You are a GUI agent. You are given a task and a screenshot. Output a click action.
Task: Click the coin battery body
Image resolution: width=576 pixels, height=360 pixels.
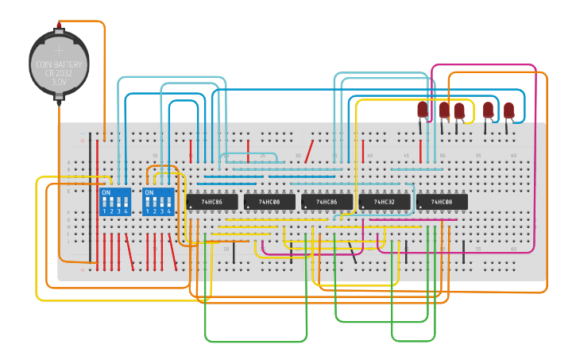59,64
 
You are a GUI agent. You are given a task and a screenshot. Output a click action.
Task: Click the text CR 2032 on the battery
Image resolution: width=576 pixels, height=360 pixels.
59,72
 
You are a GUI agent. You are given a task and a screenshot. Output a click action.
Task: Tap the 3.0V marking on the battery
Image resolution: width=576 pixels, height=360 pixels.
59,81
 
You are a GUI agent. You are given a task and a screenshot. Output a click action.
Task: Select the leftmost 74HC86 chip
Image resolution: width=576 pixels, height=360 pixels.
212,203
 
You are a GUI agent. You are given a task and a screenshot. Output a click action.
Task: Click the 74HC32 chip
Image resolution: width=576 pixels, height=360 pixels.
384,203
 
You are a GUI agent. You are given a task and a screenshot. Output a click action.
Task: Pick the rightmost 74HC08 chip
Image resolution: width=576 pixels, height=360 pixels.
442,203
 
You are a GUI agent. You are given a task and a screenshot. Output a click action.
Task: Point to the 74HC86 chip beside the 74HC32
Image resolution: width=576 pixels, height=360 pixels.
327,203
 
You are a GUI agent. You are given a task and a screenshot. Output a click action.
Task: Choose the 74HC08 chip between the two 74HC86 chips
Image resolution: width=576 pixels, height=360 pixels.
269,203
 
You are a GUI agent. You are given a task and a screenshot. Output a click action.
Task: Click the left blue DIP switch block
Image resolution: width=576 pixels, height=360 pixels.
115,201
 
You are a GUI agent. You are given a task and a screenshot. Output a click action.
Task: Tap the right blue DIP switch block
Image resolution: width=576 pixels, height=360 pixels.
158,201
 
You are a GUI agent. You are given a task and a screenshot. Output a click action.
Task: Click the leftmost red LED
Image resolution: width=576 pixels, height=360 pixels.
423,109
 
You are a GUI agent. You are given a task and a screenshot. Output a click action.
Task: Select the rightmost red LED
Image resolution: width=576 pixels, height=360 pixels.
508,110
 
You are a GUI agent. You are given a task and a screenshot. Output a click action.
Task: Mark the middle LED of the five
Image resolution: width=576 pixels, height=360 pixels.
459,110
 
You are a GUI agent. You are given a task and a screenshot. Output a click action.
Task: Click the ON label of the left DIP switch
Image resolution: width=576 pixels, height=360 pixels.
106,192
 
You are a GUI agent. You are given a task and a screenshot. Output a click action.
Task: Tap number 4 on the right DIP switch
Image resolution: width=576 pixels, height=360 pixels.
169,211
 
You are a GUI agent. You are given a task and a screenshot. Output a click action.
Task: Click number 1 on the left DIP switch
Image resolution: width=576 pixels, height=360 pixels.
104,211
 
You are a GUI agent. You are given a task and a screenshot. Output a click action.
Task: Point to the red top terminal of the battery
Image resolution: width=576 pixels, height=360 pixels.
59,28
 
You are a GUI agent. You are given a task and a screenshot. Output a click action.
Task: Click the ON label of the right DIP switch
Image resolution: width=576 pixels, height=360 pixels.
149,192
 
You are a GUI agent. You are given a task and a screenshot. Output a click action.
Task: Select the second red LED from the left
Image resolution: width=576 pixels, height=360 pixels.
444,109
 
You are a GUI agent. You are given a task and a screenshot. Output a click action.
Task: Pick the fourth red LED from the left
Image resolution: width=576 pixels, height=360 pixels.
488,110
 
